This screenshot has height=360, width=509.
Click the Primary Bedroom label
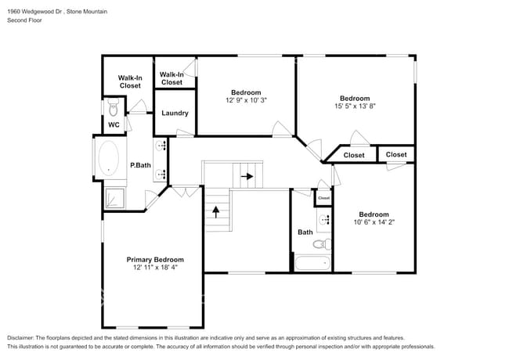(x=155, y=259)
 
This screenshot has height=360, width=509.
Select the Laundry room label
(x=175, y=113)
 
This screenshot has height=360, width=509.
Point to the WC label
(x=114, y=124)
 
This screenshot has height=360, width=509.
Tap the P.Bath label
(x=140, y=165)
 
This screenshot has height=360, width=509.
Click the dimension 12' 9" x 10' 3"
(x=246, y=100)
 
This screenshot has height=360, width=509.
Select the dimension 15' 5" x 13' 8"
(x=355, y=106)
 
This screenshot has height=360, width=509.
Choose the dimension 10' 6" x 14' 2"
(x=374, y=222)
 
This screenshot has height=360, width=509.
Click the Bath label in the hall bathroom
(x=305, y=232)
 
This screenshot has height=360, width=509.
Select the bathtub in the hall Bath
(x=312, y=262)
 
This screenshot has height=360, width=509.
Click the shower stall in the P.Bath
(x=114, y=199)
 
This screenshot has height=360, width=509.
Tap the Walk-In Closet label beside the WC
(x=130, y=81)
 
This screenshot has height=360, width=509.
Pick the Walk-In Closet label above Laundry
(x=171, y=78)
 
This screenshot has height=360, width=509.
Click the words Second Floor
(x=25, y=20)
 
